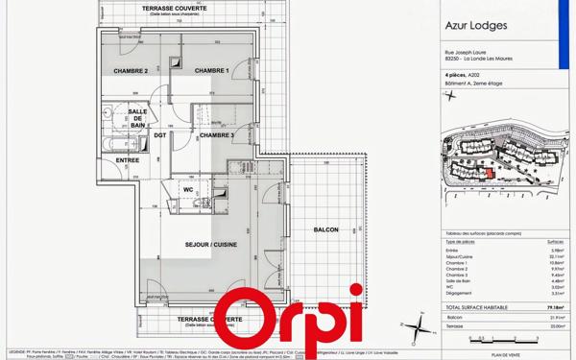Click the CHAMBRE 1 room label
211,71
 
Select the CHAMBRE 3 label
217,135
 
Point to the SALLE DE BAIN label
137,119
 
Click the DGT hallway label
159,135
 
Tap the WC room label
188,189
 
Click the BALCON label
325,230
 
